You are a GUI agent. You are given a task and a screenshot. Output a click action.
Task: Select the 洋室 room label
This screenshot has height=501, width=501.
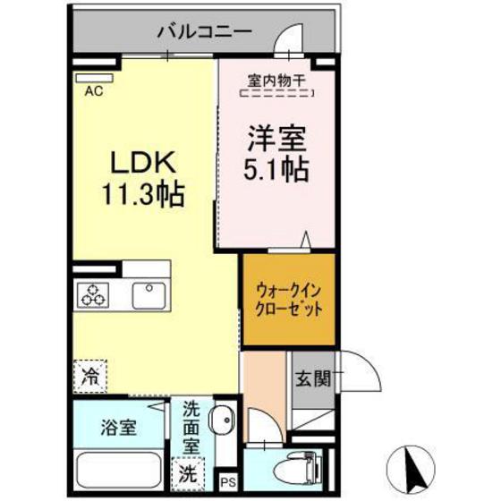coord(276,139)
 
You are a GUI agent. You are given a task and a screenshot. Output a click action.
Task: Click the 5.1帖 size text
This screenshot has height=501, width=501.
coord(276,168)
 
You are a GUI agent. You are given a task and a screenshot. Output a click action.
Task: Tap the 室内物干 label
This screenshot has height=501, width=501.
coord(276,80)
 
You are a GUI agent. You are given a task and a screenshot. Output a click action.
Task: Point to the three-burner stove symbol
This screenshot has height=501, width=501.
coord(92,293)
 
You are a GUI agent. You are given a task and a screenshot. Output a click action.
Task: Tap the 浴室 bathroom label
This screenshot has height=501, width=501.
coord(116,428)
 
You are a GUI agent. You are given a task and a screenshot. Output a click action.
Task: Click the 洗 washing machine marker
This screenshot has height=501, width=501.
coord(187,471)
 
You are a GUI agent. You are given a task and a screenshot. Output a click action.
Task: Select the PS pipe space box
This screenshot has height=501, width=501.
coord(227,483)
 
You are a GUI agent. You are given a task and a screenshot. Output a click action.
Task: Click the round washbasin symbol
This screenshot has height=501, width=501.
coord(224,417)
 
